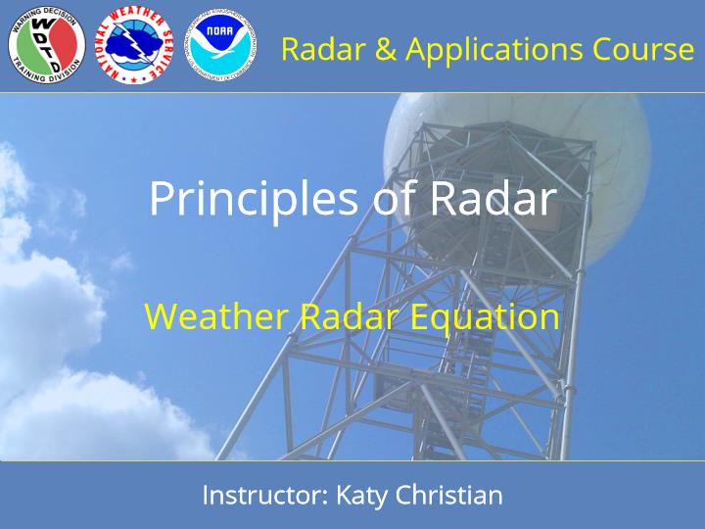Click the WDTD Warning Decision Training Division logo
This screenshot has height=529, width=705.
pos(47,44)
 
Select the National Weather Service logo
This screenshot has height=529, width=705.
pos(134,44)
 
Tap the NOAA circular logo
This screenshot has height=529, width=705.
pos(220,44)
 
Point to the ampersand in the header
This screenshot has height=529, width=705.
pos(385,49)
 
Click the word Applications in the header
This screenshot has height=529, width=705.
pos(494,50)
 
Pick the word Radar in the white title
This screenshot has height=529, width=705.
pos(493,199)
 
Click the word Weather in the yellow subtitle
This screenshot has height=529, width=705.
pos(215,316)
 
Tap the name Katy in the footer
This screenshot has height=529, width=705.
pos(361,497)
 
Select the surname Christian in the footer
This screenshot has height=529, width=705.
pos(448,496)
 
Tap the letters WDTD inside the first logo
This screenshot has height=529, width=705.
pos(48,44)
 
